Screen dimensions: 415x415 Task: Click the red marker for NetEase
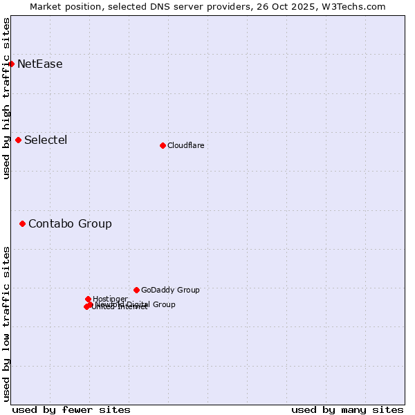[11, 64]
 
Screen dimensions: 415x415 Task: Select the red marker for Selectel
[18, 140]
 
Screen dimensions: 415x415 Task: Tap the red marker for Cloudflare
[163, 145]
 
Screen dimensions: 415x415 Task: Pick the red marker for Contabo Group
[22, 223]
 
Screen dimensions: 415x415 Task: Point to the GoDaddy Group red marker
[136, 290]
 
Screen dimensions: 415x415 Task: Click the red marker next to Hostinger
[88, 299]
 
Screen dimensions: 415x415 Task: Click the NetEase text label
[40, 64]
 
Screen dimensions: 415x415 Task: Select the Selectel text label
[46, 140]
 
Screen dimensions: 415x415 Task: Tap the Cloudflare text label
[185, 145]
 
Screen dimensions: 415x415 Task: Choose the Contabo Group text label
[70, 224]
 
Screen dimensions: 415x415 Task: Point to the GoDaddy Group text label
[170, 290]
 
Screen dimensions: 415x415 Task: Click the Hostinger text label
[110, 299]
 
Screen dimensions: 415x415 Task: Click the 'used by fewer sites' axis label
[71, 409]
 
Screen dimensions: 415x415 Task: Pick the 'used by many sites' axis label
[347, 409]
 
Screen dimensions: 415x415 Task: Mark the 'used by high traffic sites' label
[6, 98]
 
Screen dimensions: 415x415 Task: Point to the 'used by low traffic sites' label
[6, 324]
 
